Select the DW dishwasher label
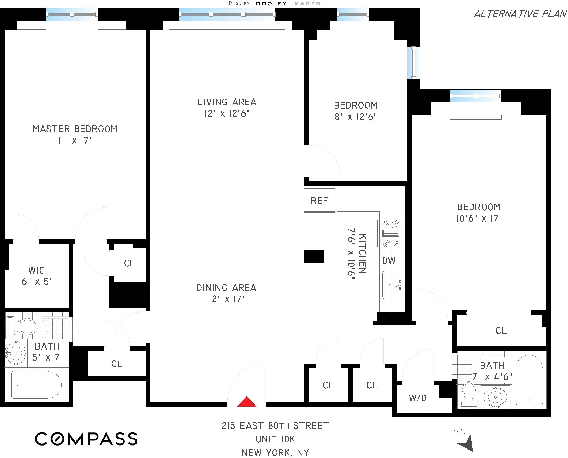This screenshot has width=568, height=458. (x=388, y=261)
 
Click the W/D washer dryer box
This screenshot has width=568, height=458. (x=418, y=398)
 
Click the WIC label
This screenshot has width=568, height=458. (x=36, y=270)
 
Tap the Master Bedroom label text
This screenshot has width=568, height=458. (x=75, y=129)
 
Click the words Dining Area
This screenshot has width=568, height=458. (x=226, y=288)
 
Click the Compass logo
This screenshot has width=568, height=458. (x=86, y=439)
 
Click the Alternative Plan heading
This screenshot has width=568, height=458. (x=520, y=14)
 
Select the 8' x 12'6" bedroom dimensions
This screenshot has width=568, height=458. (x=356, y=117)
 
